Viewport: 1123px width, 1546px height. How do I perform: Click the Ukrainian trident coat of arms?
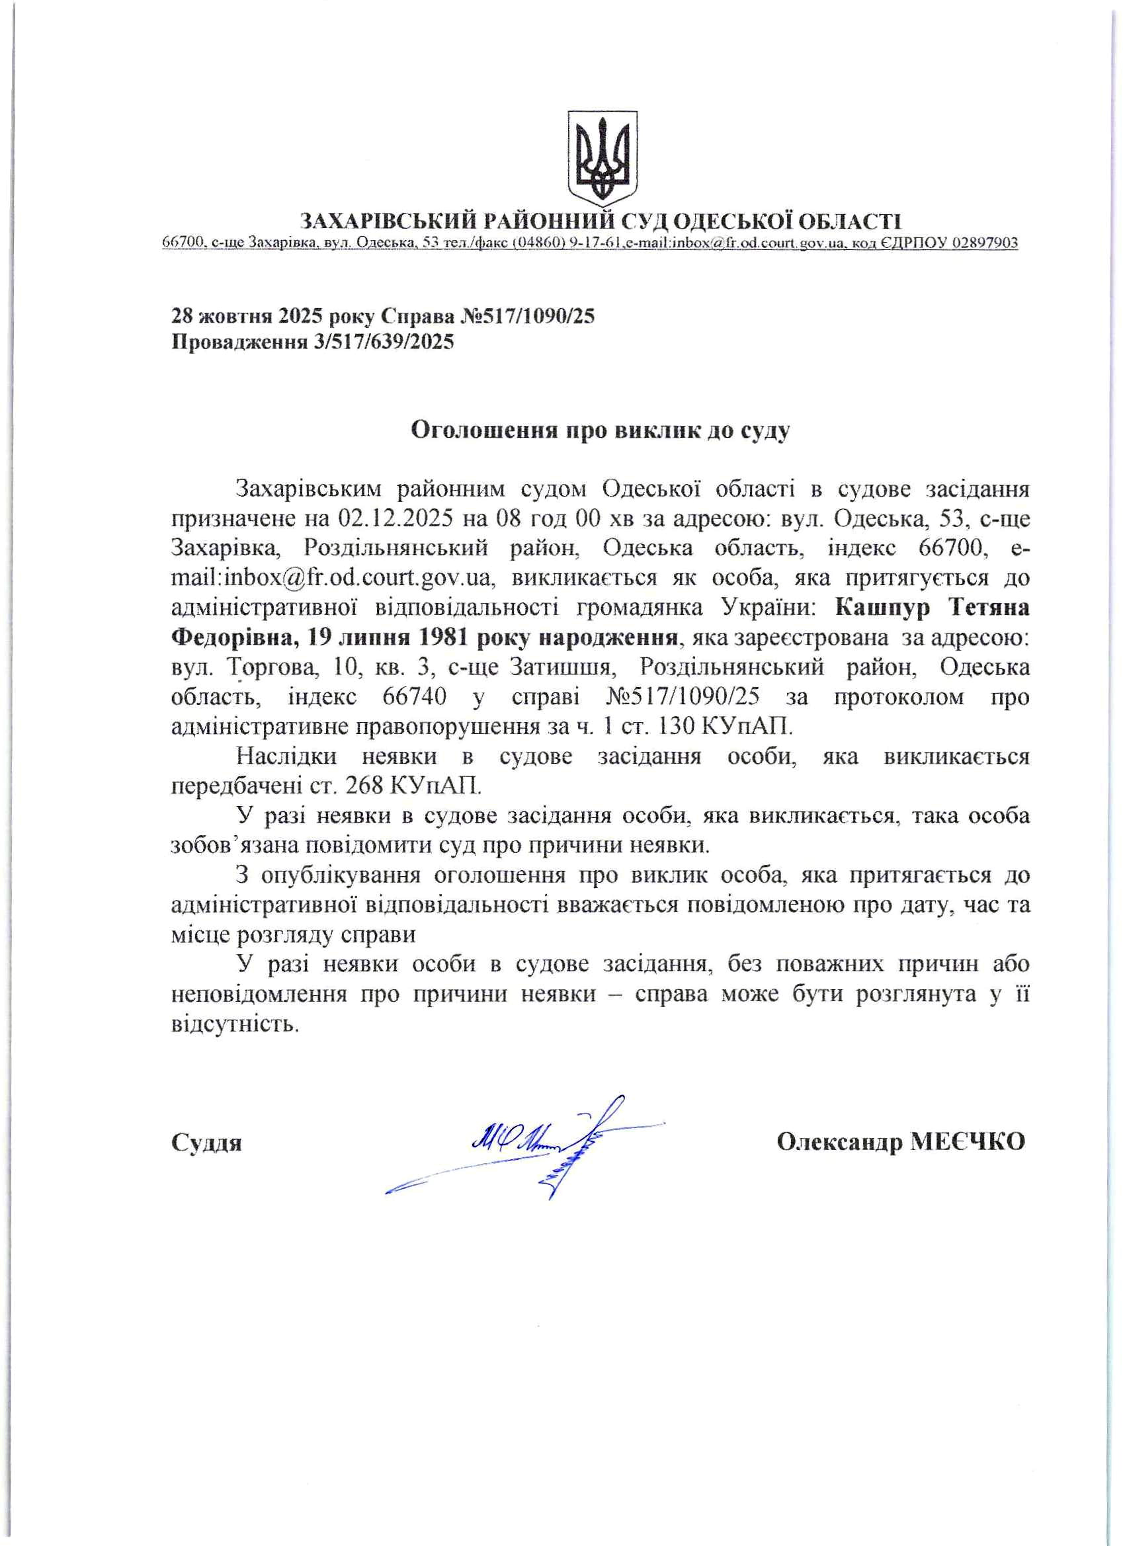pyautogui.click(x=602, y=157)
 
